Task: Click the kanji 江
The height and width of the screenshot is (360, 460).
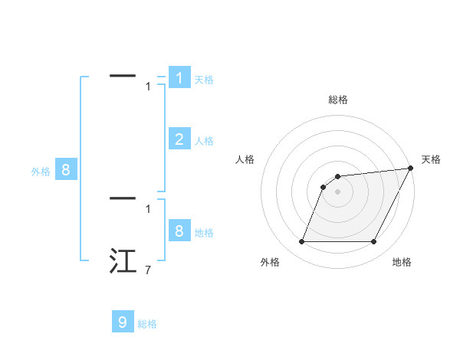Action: pos(123,260)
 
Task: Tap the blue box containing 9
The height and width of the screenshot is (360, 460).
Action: pos(123,322)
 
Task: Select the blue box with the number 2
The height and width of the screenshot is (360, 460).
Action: pos(179,139)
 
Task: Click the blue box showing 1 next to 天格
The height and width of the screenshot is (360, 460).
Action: pos(179,78)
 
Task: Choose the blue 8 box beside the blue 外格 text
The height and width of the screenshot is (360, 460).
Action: pos(66,170)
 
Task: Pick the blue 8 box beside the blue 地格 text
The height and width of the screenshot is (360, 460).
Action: pos(179,231)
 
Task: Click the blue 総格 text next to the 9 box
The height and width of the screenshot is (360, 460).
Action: pos(147,324)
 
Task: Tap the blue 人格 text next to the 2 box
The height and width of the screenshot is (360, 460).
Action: pos(204,141)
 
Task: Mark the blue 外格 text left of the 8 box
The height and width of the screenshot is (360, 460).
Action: pos(41,172)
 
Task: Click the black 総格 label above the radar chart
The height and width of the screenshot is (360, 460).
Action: pos(337,100)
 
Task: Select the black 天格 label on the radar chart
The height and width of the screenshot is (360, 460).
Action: pos(431,159)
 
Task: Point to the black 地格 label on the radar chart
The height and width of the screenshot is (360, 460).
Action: pos(402,262)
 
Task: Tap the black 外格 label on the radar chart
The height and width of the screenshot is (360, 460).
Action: pos(270,262)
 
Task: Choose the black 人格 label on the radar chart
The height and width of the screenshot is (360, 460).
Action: pos(245,159)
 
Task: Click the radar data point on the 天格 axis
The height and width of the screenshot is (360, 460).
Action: pos(410,169)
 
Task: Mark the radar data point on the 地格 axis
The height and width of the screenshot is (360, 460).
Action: pos(374,242)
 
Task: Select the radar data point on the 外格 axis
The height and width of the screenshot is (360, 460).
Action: pos(301,242)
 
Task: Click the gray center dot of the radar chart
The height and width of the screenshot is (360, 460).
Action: pos(337,191)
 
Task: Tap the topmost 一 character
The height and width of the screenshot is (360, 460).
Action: pos(123,75)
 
